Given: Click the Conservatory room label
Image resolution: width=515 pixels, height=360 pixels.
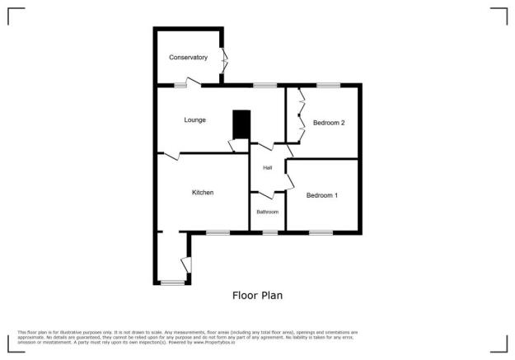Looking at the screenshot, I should (x=188, y=58).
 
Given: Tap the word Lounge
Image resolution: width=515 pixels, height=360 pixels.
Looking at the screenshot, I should (x=194, y=120).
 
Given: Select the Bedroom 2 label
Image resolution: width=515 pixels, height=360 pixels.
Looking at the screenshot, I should (x=328, y=123).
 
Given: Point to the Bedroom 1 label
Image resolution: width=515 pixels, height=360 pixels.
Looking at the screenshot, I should (x=321, y=195).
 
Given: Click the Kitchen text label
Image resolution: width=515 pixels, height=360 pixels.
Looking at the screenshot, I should (x=203, y=193).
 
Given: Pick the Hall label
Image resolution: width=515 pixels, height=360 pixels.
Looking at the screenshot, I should (x=268, y=168).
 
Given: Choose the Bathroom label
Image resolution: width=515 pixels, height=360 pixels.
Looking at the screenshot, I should (x=267, y=212).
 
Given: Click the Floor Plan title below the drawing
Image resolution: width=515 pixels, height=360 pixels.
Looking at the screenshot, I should (x=258, y=294).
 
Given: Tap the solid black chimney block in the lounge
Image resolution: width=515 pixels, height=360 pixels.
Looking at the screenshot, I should (x=241, y=124).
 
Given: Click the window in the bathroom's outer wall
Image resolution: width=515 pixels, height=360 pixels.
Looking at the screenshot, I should (x=269, y=233).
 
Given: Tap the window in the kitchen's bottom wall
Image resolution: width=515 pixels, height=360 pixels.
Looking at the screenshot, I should (x=218, y=233).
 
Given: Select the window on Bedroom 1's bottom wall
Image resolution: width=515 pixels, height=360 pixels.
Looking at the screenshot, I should (x=321, y=233).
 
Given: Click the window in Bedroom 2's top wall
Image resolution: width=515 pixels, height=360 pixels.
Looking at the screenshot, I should (x=328, y=85).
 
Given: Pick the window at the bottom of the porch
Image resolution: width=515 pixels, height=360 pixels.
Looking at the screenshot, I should (x=172, y=283).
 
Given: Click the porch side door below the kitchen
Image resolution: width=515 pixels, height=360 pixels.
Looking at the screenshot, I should (x=186, y=264).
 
